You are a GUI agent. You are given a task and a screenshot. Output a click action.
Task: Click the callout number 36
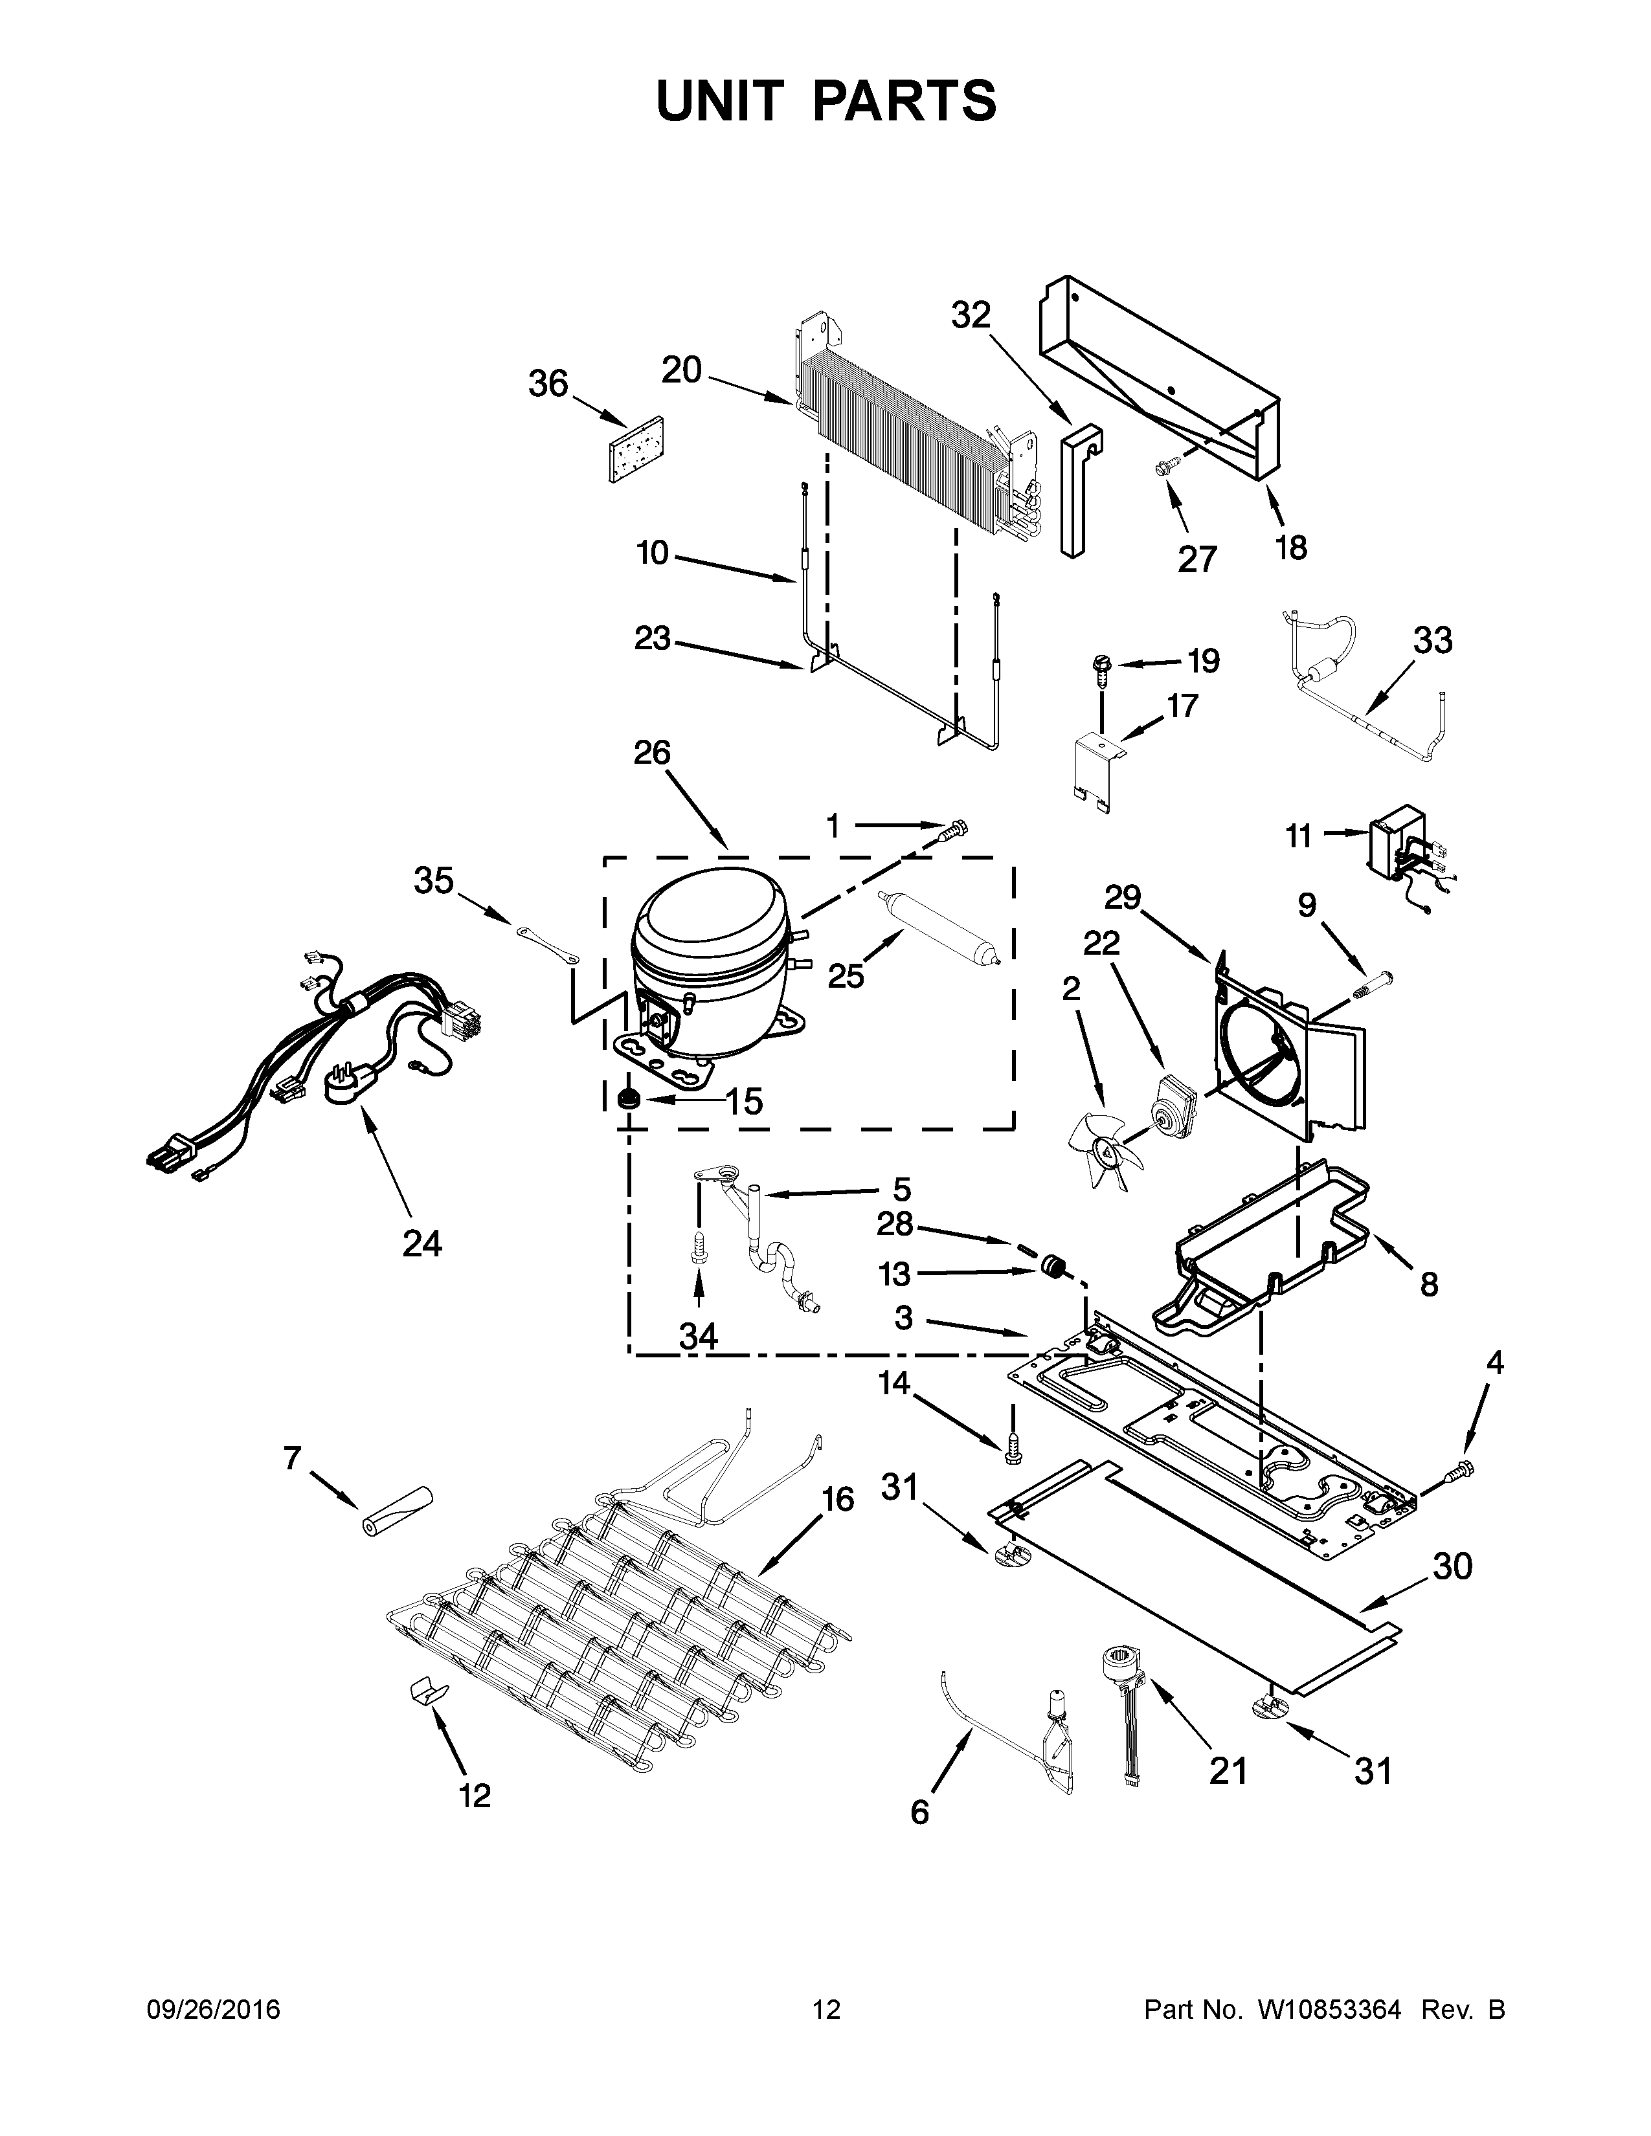(548, 384)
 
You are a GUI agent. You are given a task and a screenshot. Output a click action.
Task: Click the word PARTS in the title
(904, 101)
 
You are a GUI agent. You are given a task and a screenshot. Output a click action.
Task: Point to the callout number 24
(421, 1243)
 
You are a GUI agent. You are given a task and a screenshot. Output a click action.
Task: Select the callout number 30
(1452, 1567)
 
